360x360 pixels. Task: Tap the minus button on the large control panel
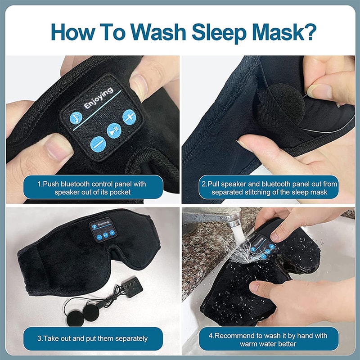(98, 145)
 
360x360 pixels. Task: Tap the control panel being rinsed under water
(261, 247)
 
